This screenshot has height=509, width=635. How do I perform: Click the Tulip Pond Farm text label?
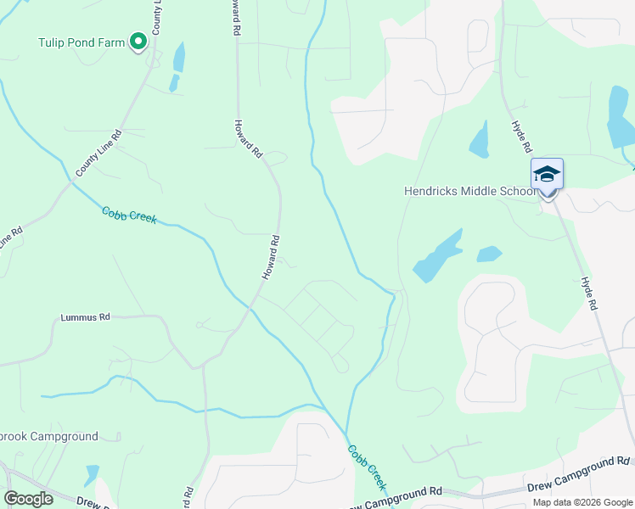tap(81, 42)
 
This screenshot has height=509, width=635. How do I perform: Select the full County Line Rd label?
tap(98, 153)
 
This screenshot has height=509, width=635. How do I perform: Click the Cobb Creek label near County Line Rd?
tap(129, 215)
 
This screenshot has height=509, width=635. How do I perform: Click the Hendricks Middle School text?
tap(470, 191)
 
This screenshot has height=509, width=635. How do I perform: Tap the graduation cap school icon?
tap(547, 175)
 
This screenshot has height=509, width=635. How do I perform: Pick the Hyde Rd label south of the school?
tap(590, 293)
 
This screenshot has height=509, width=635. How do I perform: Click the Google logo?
tap(28, 499)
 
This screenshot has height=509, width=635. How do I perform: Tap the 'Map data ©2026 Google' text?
tap(582, 502)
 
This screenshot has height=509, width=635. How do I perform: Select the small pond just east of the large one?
tap(489, 254)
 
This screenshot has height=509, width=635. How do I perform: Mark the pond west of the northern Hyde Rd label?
tap(480, 140)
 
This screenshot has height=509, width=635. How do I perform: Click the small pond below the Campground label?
tap(91, 473)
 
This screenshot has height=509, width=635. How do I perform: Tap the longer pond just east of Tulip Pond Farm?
tap(179, 58)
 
